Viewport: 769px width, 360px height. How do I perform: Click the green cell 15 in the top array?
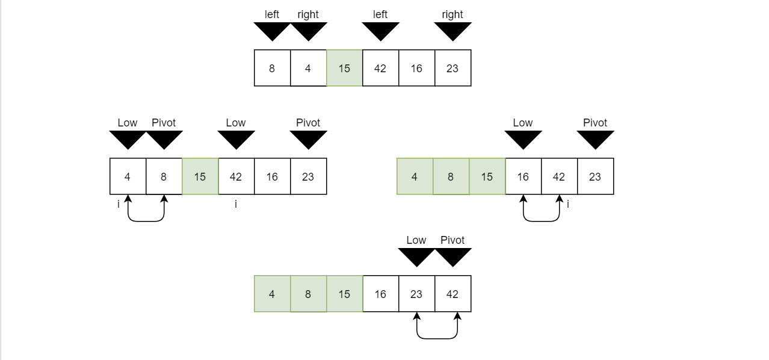point(344,68)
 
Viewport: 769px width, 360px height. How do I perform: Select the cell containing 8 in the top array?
point(272,68)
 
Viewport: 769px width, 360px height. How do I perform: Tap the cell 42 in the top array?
point(380,68)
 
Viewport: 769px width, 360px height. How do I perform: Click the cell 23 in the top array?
point(452,68)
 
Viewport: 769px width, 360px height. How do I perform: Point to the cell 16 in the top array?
point(416,68)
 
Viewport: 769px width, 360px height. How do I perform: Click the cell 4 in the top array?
point(308,68)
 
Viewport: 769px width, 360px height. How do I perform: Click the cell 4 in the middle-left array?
point(128,176)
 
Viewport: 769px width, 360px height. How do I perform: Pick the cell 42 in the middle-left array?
point(236,176)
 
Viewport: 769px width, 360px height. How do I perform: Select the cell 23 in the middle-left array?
point(308,176)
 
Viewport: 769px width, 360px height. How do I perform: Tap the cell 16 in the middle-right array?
point(523,176)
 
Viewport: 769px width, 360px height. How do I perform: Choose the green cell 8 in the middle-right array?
point(451,176)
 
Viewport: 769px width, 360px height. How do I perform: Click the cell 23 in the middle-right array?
point(595,176)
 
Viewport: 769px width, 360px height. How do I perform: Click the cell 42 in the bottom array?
point(452,294)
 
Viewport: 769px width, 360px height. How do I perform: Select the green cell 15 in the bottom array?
point(344,294)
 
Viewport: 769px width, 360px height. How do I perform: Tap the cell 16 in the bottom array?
point(380,294)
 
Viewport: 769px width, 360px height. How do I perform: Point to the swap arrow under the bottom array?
point(437,338)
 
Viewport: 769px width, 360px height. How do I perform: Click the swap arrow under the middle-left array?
point(146,220)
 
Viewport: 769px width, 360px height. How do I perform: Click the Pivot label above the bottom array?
point(452,240)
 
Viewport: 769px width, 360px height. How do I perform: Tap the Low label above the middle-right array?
point(522,123)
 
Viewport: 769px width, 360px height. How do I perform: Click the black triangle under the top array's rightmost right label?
point(452,31)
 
